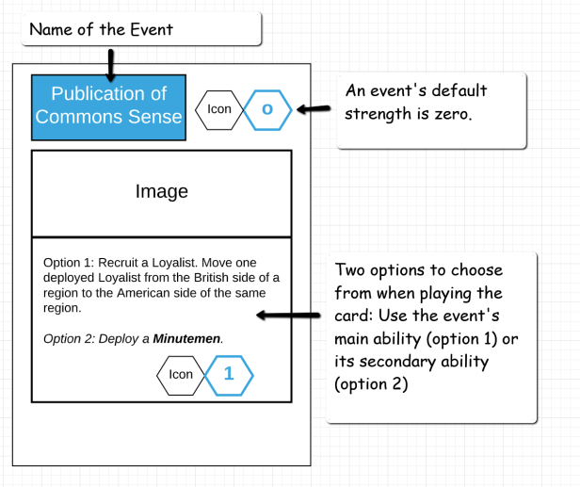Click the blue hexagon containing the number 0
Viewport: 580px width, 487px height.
tap(267, 110)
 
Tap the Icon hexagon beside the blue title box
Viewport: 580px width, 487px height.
tap(218, 110)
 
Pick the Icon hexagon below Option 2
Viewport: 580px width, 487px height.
tap(180, 374)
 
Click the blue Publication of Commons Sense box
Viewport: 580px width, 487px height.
tap(108, 106)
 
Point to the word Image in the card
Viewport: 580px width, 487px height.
tap(162, 191)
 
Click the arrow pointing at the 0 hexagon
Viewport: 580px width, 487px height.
tap(314, 109)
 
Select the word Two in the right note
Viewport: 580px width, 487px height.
tap(350, 270)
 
